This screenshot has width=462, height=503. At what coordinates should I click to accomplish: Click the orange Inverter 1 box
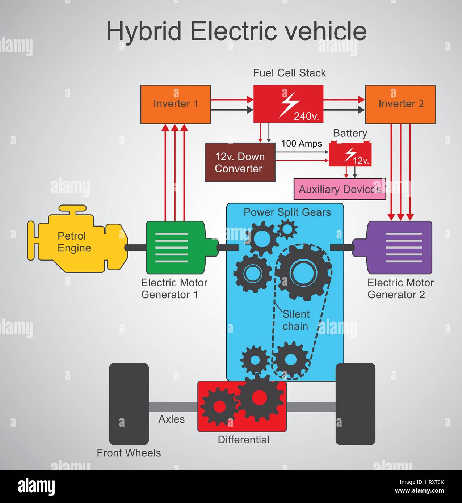click(x=176, y=104)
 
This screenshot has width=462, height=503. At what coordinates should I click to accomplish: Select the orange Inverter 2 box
click(x=400, y=104)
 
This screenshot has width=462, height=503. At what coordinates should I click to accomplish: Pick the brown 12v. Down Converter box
click(x=240, y=162)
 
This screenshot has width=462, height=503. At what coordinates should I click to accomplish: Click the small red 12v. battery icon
click(x=350, y=154)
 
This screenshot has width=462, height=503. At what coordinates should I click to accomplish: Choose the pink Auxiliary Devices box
click(x=340, y=189)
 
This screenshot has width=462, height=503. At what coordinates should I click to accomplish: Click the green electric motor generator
click(x=175, y=248)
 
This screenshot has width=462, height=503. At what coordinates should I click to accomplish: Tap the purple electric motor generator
click(x=400, y=248)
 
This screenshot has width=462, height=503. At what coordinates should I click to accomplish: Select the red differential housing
click(x=242, y=407)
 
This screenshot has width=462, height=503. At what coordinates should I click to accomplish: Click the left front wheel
click(x=129, y=403)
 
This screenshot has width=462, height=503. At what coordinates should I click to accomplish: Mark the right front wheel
click(x=355, y=403)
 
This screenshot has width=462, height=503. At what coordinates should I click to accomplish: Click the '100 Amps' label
click(x=302, y=144)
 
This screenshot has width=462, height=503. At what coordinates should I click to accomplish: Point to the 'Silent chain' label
click(x=296, y=320)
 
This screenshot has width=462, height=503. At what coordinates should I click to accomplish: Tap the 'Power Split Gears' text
click(x=287, y=212)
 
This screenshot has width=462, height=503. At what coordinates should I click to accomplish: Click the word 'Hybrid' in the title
click(x=144, y=31)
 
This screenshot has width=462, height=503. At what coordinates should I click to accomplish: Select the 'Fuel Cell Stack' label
click(x=289, y=73)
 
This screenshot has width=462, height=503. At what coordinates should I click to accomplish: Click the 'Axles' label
click(x=172, y=419)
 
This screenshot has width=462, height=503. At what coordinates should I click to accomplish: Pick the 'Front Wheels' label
click(x=129, y=453)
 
